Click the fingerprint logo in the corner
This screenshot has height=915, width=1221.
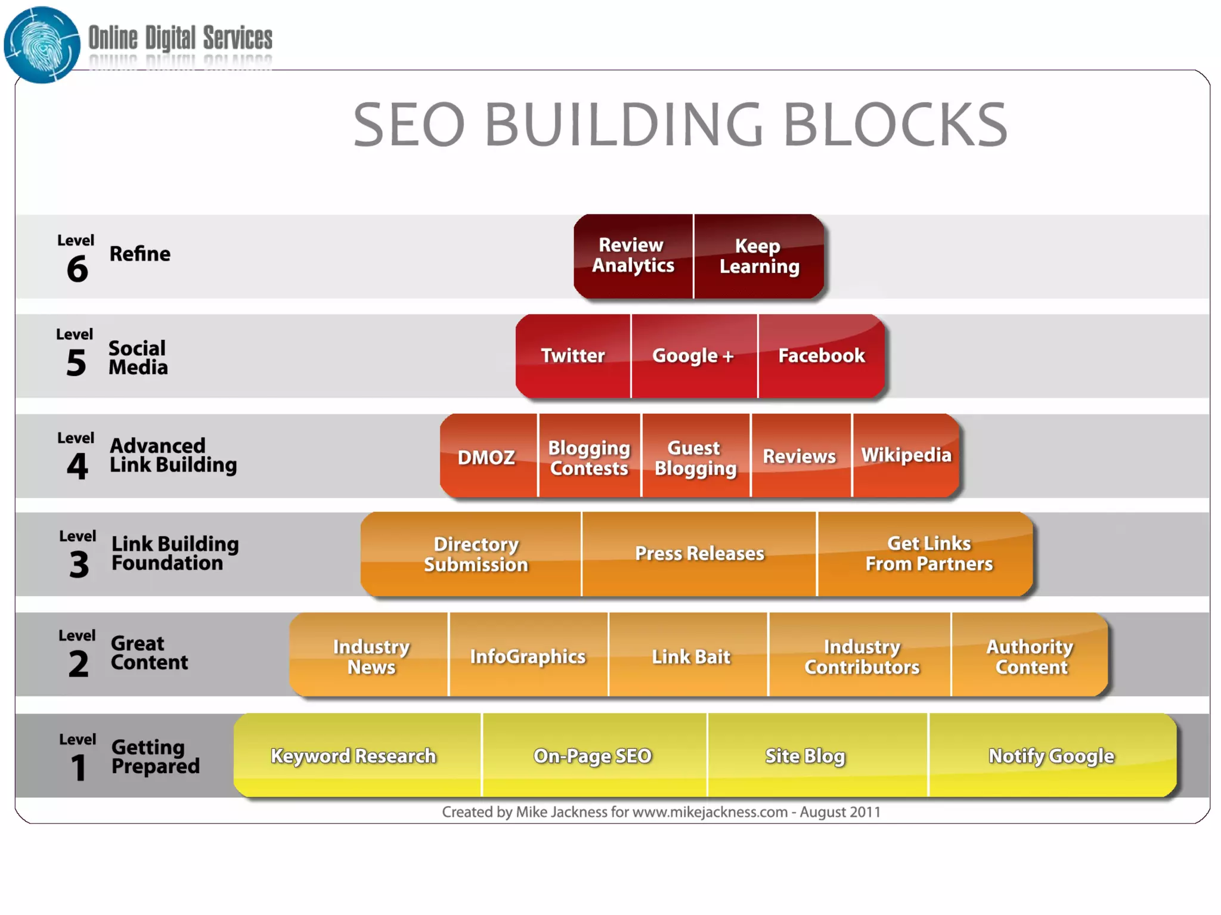(42, 45)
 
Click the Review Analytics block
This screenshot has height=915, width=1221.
(633, 256)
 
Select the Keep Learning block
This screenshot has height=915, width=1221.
(759, 256)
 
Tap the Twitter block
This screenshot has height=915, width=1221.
(572, 356)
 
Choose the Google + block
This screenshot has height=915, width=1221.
(693, 356)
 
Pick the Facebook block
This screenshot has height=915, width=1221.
(821, 356)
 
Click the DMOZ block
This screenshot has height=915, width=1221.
(486, 457)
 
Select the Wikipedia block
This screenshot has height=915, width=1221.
(906, 455)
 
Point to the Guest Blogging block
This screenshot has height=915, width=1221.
(695, 457)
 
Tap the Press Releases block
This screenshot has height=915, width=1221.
(699, 554)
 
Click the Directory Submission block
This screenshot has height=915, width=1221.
(476, 554)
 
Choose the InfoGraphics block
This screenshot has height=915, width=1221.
(528, 656)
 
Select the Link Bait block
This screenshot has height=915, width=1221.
(690, 656)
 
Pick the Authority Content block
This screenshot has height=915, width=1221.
(1030, 656)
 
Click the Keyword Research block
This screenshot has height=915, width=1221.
(354, 756)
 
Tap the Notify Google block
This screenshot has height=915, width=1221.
(1051, 756)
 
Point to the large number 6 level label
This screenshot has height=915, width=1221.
(78, 269)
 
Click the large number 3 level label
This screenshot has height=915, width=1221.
(79, 564)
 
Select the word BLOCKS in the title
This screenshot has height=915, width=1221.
(894, 125)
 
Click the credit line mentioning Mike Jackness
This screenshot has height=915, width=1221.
(661, 812)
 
